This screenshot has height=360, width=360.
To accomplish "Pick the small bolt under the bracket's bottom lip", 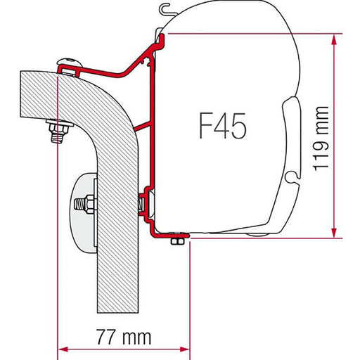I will [176, 241].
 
